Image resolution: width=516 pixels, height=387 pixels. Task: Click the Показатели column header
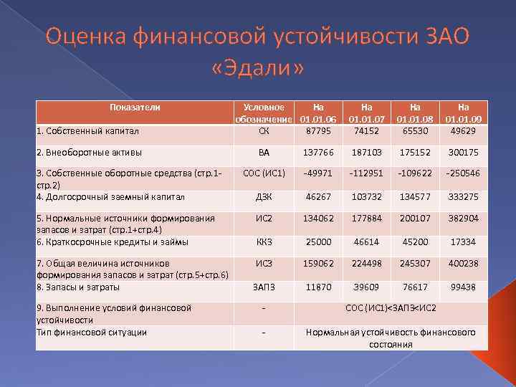point(134,107)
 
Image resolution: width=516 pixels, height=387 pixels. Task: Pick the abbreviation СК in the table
point(264,130)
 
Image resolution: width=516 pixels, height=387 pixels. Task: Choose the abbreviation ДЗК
point(264,196)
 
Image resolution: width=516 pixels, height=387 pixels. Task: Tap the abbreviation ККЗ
point(264,242)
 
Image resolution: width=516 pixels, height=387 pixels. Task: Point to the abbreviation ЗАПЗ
point(264,287)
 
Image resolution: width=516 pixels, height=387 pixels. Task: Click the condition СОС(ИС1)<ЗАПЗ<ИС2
point(391,308)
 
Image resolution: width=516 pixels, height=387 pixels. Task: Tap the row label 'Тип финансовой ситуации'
point(91,332)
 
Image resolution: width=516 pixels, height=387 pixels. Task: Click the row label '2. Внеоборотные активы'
point(89,152)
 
